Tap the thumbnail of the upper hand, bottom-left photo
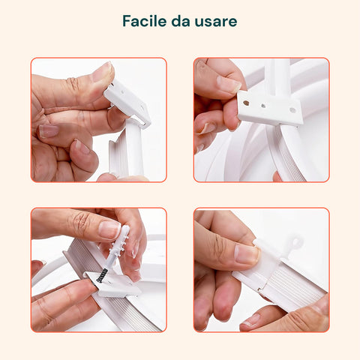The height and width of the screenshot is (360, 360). pos(109,229)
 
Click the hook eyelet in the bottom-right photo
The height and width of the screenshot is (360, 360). pos(295,242)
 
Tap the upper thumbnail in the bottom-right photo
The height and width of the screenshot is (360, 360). pos(246,253)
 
